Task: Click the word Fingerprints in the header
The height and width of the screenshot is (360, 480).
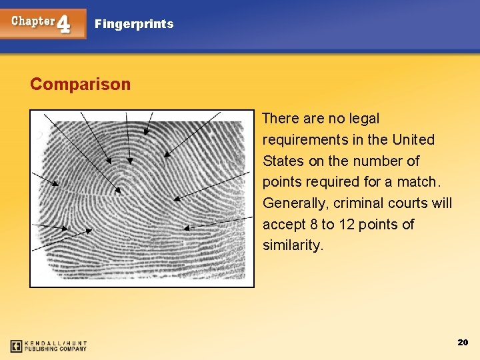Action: coord(134,24)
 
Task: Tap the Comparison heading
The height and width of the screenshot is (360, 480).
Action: coord(80,85)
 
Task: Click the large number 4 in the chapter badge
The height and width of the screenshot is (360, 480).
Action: coord(63,25)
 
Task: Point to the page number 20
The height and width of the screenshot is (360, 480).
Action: coord(463,342)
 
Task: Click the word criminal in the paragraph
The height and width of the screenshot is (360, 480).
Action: coord(359,203)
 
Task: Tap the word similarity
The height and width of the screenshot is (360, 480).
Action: coord(293,245)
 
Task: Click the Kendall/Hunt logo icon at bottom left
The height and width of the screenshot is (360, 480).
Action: coord(17,346)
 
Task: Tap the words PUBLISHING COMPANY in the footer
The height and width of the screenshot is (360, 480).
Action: coord(56,349)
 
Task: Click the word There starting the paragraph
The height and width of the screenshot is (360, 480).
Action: coord(281,119)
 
